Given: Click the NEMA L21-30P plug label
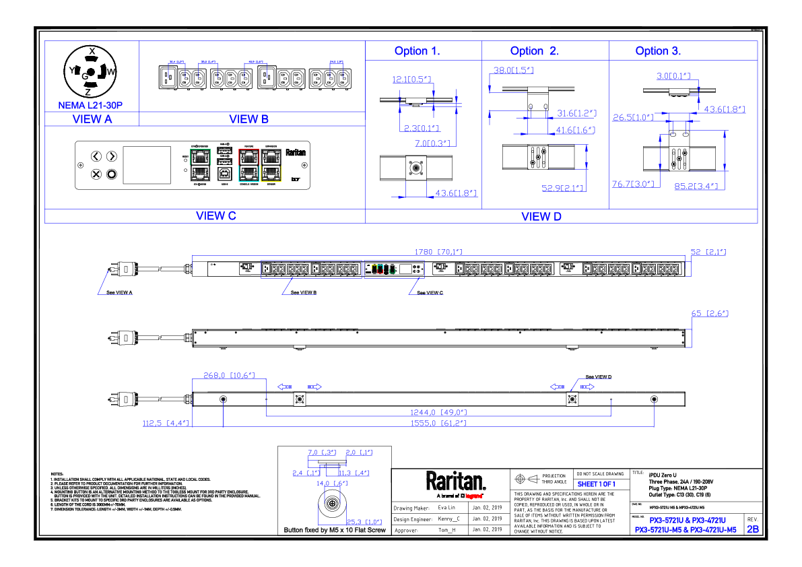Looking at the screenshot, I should pyautogui.click(x=90, y=106).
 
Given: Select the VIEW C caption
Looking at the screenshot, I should pyautogui.click(x=215, y=216).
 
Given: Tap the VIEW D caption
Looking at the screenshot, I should pyautogui.click(x=541, y=216).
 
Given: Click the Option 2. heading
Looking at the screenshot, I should pyautogui.click(x=534, y=51).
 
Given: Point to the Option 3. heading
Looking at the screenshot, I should pyautogui.click(x=658, y=51).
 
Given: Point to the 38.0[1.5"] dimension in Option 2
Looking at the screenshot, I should pyautogui.click(x=513, y=70).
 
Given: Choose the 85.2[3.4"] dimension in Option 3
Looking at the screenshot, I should pyautogui.click(x=696, y=186).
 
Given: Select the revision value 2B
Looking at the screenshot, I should pyautogui.click(x=752, y=529).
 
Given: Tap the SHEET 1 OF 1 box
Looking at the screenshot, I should pyautogui.click(x=597, y=485).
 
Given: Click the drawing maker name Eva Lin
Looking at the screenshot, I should pyautogui.click(x=447, y=507).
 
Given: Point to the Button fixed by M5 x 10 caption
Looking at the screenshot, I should pyautogui.click(x=335, y=531).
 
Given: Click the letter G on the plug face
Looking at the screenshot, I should pyautogui.click(x=85, y=77).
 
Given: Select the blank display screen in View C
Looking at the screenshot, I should pyautogui.click(x=146, y=165).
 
